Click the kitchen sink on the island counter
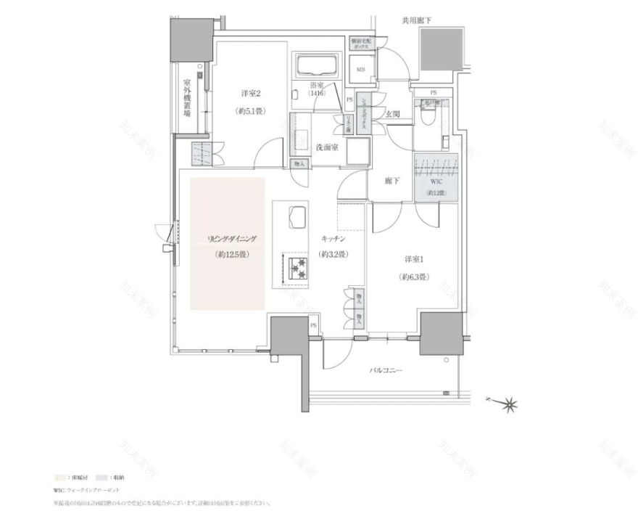(x=297, y=216)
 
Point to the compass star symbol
(x=511, y=401)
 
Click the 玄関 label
(x=393, y=114)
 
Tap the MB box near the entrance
(x=360, y=69)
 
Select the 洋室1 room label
(x=414, y=259)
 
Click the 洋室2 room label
(x=250, y=93)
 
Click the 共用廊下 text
(x=417, y=21)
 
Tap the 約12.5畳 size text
(x=232, y=255)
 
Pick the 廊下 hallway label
(x=392, y=180)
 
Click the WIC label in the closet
(x=436, y=184)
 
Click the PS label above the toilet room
(x=434, y=93)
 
